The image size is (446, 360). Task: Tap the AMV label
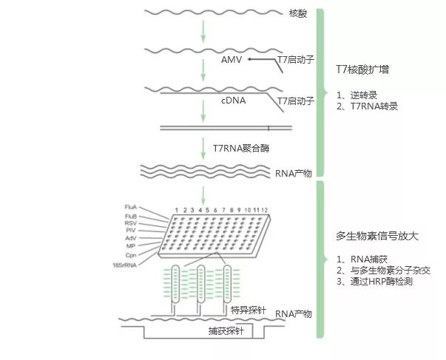(232, 58)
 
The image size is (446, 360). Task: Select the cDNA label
(234, 99)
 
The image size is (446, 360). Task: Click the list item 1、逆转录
(357, 95)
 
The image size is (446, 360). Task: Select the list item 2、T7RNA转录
(367, 106)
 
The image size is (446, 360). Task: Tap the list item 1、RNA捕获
(360, 260)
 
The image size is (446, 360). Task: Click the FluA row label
(133, 206)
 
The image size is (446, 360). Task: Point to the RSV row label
(134, 223)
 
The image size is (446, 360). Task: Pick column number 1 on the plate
(177, 211)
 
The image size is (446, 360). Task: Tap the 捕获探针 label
(223, 333)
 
